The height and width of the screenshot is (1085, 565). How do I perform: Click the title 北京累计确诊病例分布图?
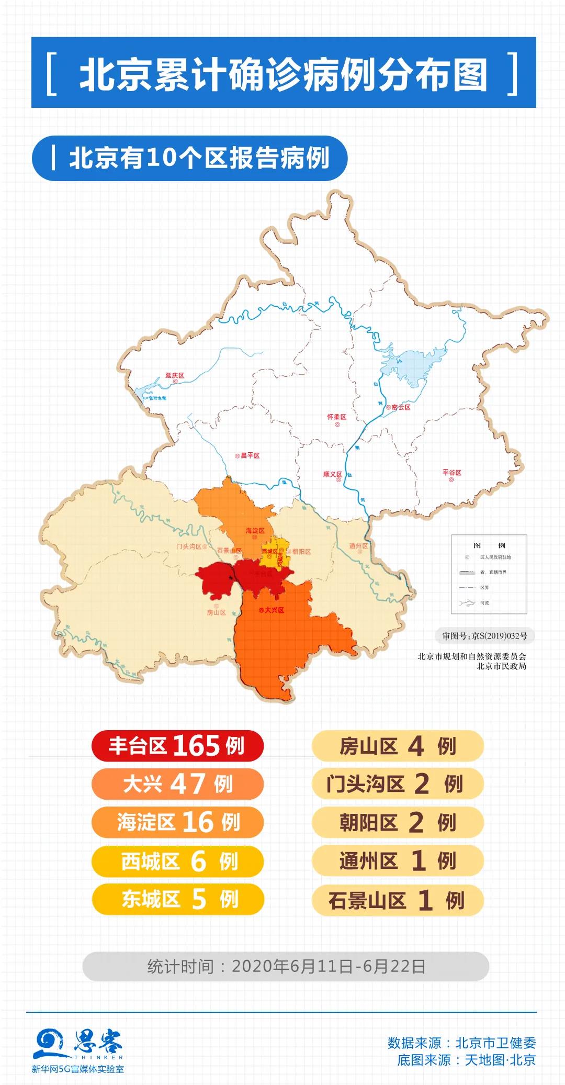pyautogui.click(x=283, y=73)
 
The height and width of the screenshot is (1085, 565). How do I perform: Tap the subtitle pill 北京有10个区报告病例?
pyautogui.click(x=189, y=159)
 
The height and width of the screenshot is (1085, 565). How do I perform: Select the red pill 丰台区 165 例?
pyautogui.click(x=177, y=745)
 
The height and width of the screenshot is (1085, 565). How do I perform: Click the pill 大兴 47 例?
pyautogui.click(x=177, y=784)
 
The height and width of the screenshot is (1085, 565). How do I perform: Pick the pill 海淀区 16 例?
pyautogui.click(x=177, y=822)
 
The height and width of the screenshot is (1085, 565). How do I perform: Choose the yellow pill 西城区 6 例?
pyautogui.click(x=177, y=861)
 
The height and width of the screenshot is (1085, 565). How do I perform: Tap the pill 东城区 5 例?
pyautogui.click(x=177, y=899)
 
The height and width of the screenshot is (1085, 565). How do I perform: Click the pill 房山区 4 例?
pyautogui.click(x=398, y=745)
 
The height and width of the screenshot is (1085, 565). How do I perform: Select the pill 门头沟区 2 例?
pyautogui.click(x=398, y=784)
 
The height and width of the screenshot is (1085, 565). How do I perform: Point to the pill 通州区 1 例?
pyautogui.click(x=398, y=861)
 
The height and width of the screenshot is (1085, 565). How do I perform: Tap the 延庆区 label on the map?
pyautogui.click(x=175, y=376)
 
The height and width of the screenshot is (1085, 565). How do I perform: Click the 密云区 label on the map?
pyautogui.click(x=400, y=407)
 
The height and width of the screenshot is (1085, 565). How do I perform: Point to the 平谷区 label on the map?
pyautogui.click(x=452, y=473)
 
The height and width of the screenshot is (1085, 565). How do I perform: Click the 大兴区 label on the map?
pyautogui.click(x=274, y=610)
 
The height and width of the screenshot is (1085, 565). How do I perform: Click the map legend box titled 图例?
pyautogui.click(x=489, y=574)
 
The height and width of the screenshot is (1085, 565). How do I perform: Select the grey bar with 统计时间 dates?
pyautogui.click(x=286, y=966)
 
